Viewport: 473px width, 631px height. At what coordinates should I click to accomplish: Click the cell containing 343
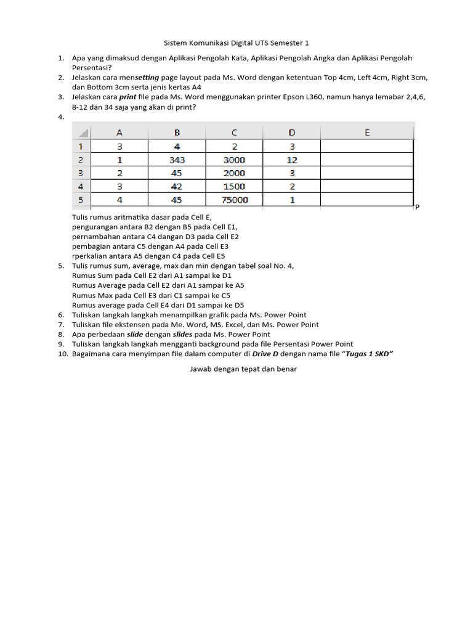177,160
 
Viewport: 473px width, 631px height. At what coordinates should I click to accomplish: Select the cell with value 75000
234,200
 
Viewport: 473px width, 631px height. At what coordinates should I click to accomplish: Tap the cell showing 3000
234,160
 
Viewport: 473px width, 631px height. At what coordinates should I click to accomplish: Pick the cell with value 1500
234,186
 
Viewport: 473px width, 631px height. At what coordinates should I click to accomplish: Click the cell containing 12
292,160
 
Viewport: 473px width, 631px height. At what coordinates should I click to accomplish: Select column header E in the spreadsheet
367,132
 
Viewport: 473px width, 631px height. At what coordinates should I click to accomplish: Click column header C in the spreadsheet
234,132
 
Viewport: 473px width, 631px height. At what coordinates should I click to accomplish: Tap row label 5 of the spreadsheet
81,200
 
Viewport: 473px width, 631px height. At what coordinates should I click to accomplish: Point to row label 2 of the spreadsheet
81,160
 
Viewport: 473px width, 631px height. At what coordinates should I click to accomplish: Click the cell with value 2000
234,173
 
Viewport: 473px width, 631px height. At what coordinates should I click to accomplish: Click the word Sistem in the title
176,43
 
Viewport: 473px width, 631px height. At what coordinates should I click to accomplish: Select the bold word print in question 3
127,97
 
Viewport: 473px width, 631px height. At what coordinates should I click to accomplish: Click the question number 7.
61,324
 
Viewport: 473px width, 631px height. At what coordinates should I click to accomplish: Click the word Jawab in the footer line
200,370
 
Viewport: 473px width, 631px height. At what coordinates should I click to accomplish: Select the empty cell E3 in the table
367,173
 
